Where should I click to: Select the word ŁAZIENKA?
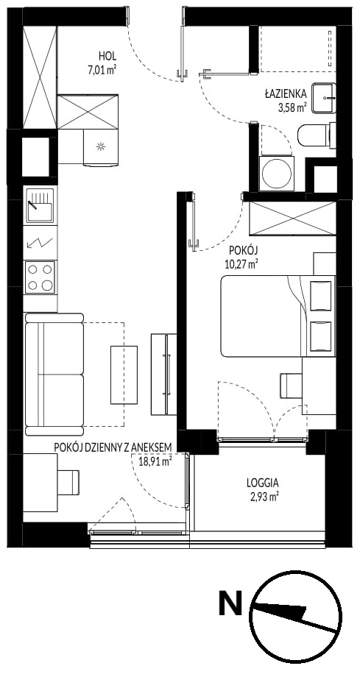tap(286, 93)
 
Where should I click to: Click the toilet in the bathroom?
tap(317, 135)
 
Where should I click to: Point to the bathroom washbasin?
tap(323, 98)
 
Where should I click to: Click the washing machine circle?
tap(277, 174)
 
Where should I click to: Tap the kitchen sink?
tap(40, 205)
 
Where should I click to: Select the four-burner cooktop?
tap(40, 277)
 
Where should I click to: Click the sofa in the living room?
tap(54, 374)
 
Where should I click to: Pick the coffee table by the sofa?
tap(124, 375)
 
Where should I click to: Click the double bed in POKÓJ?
tap(278, 316)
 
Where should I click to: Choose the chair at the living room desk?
tap(68, 482)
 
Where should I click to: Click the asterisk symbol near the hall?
tap(100, 147)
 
